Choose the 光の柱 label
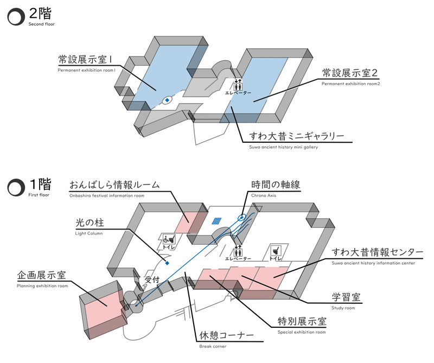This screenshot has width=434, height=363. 93,222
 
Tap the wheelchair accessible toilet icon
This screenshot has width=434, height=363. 169,239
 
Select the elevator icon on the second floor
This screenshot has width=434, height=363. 239,84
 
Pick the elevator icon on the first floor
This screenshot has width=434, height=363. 239,250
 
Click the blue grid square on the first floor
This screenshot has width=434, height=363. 217,221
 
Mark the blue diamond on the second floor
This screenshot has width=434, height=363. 167,100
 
